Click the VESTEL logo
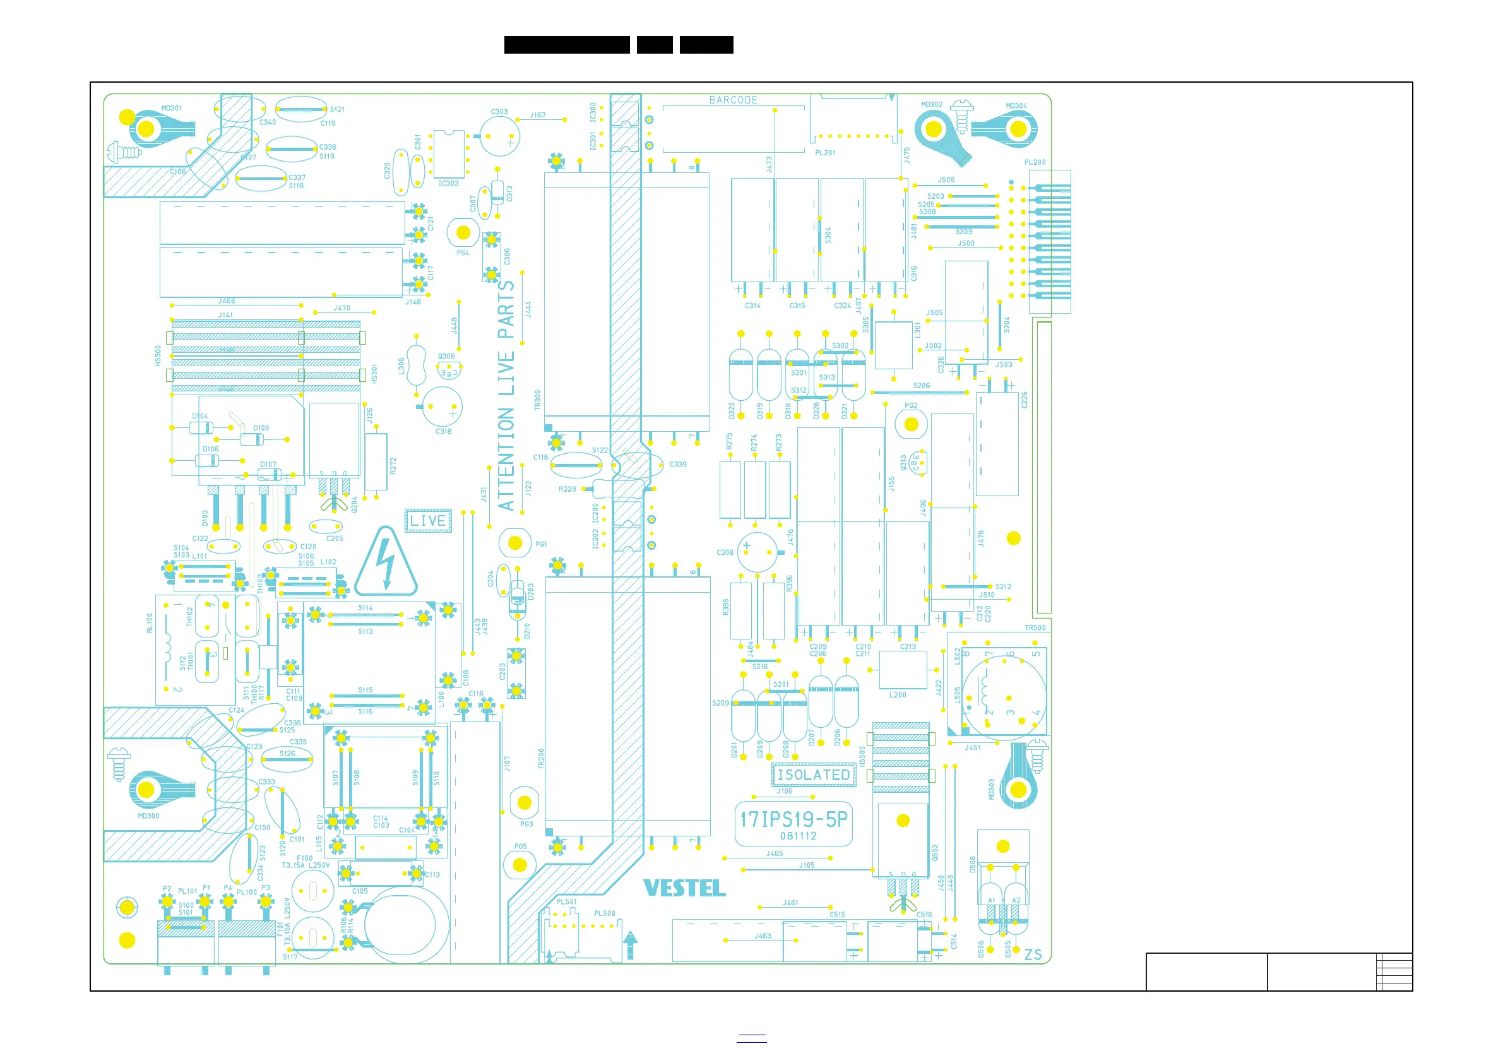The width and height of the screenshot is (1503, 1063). point(684,888)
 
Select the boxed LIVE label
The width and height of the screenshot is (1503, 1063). point(428,521)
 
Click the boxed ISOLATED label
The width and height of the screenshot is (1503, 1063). point(814,775)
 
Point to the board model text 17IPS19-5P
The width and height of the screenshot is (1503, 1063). point(793,819)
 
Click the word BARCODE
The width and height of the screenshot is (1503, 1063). point(733,100)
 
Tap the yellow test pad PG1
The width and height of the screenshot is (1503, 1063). point(515,543)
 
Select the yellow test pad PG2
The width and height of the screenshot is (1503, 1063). point(912,424)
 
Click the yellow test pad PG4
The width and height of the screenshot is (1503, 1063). point(463,232)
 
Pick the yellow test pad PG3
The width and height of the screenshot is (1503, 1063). point(525,802)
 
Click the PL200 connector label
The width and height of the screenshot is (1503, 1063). point(1035,162)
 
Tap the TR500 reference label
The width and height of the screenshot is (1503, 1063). point(1035,627)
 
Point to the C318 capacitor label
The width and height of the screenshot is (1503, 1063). point(443,431)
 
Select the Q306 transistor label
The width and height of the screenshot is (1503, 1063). point(446,356)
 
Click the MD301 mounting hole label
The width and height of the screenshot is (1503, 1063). point(172,108)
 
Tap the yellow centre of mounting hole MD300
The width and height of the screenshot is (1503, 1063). point(146,790)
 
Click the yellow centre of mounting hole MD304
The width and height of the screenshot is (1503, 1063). point(1019,129)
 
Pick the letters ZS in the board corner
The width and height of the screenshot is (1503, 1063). point(1033,954)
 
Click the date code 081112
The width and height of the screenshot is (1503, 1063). point(798,836)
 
